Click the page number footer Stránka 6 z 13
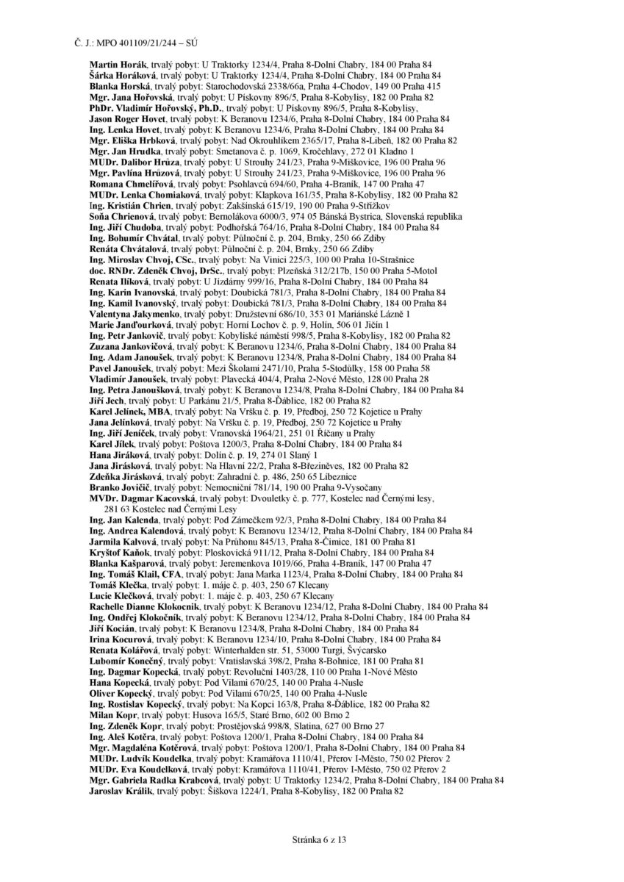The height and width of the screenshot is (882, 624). pos(312,838)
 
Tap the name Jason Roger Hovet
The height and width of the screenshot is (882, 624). pos(128,118)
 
